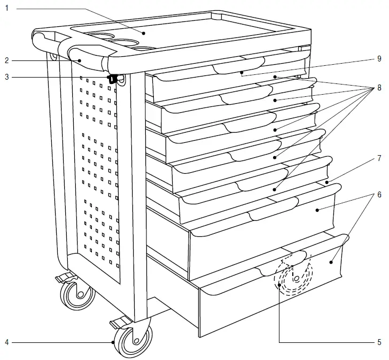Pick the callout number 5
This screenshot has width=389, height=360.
click(x=378, y=342)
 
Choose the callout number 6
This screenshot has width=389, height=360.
click(x=378, y=195)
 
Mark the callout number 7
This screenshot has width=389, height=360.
click(x=378, y=158)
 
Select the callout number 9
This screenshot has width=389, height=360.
click(x=378, y=58)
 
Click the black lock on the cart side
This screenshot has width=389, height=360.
click(x=113, y=79)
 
